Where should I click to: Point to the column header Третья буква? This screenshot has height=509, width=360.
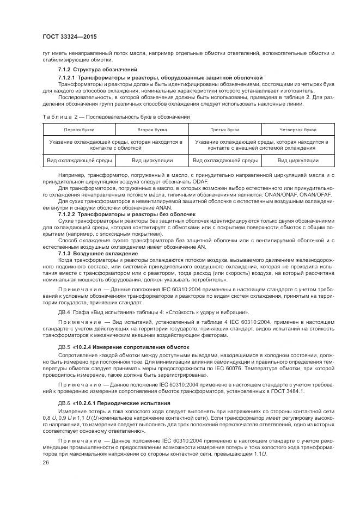pyautogui.click(x=224, y=130)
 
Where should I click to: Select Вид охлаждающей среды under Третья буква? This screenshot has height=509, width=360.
pyautogui.click(x=224, y=161)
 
